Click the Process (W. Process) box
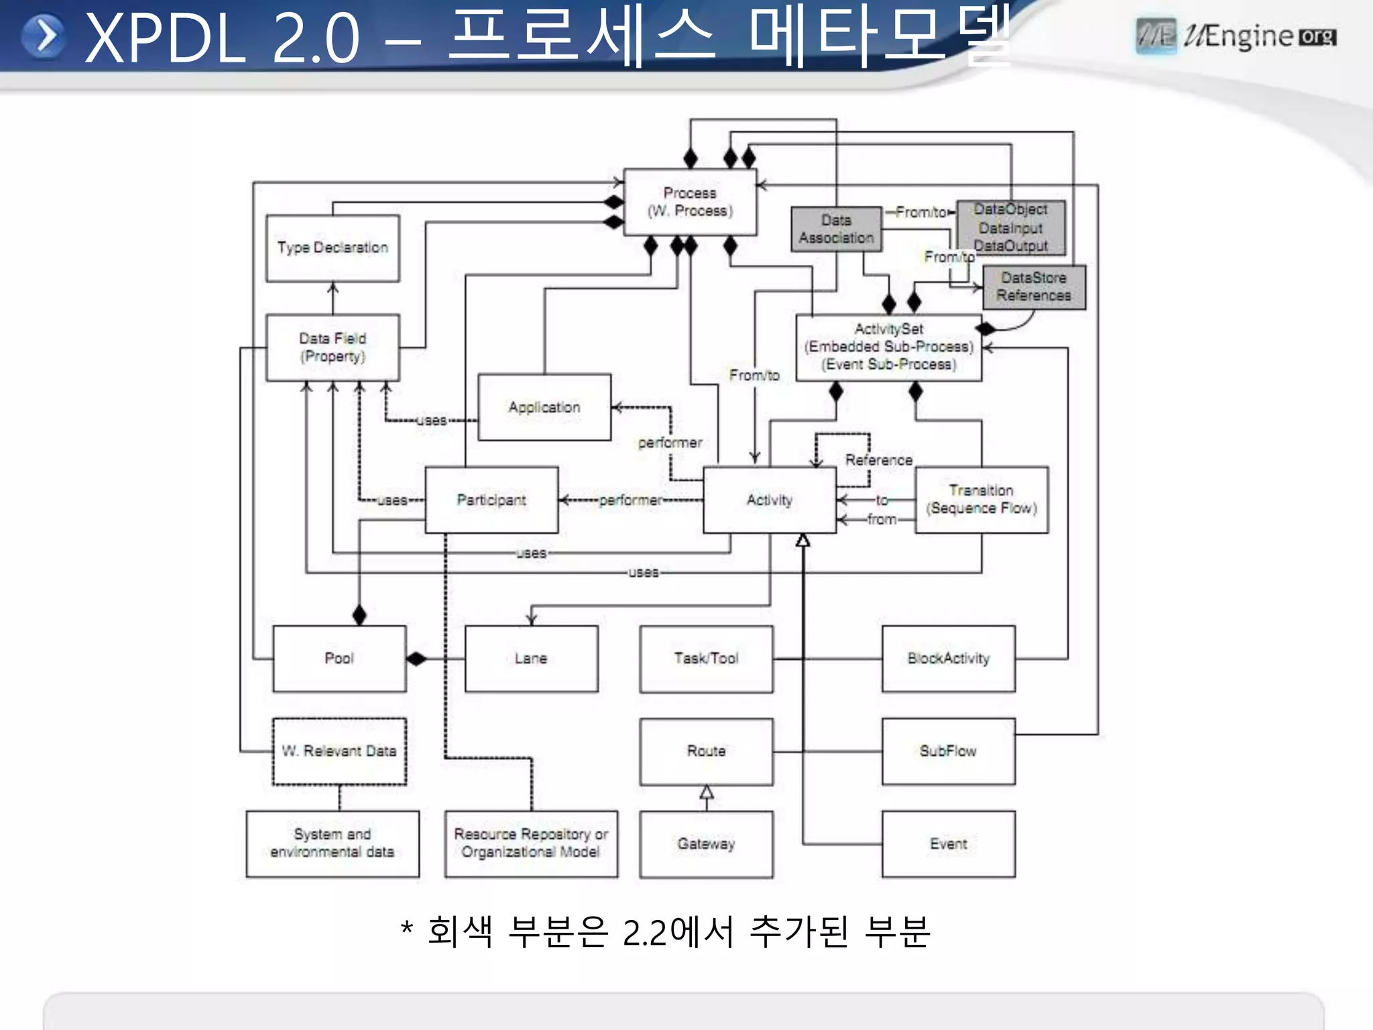[690, 202]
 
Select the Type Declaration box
[333, 248]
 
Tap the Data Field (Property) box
[333, 347]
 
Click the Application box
[544, 407]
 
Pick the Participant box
[491, 500]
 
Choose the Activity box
[770, 500]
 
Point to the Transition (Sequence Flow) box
[981, 500]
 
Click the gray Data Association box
[836, 229]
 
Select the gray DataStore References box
[1034, 287]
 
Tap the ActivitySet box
[888, 347]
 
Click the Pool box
[339, 659]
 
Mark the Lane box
[531, 659]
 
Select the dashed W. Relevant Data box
[339, 751]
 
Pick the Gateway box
[706, 844]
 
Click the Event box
[948, 844]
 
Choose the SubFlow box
[948, 751]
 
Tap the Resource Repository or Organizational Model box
[531, 844]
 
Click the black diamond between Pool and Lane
[416, 659]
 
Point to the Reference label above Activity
[878, 460]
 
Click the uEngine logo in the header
[1236, 36]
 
